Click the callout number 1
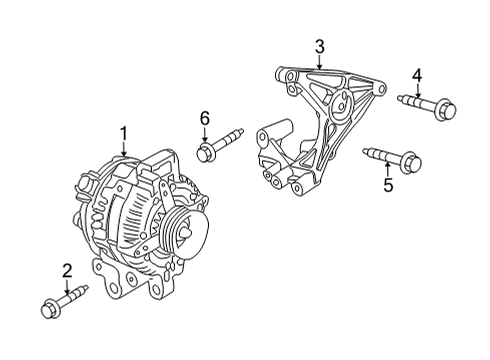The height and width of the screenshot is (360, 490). pyautogui.click(x=123, y=132)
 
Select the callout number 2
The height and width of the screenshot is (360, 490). pyautogui.click(x=66, y=269)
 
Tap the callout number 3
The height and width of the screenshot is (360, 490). pyautogui.click(x=319, y=46)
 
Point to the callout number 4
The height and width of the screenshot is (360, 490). pyautogui.click(x=417, y=73)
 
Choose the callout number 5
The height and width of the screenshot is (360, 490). pyautogui.click(x=389, y=184)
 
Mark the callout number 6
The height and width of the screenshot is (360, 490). pyautogui.click(x=204, y=118)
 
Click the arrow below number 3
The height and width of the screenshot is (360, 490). pyautogui.click(x=319, y=60)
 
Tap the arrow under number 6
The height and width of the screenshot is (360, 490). pyautogui.click(x=204, y=134)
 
